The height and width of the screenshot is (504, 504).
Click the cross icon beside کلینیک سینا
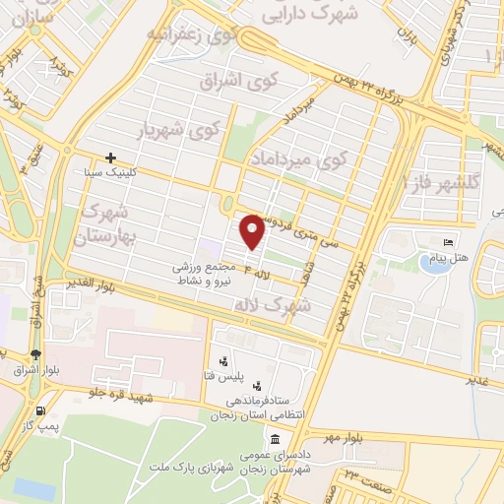click(111, 157)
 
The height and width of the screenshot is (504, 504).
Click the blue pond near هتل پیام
click(435, 262)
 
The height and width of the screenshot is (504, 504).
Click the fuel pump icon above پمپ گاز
click(40, 411)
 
